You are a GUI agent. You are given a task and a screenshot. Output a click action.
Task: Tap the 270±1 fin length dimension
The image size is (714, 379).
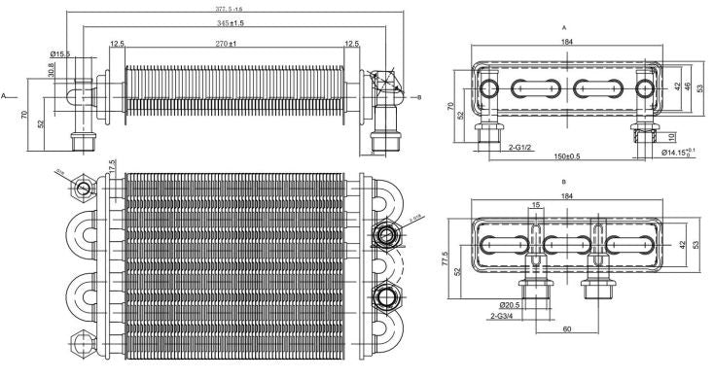pyautogui.click(x=231, y=44)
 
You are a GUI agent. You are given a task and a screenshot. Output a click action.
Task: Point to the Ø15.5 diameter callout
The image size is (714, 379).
pyautogui.click(x=59, y=53)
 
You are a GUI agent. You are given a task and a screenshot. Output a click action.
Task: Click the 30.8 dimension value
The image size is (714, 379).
pyautogui.click(x=52, y=71)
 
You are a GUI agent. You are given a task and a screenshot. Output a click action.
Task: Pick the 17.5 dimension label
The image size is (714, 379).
pyautogui.click(x=113, y=167)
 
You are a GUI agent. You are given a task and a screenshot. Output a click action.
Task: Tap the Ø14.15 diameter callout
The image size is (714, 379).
pyautogui.click(x=675, y=152)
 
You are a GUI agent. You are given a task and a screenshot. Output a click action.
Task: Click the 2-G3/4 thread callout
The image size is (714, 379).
pyautogui.click(x=502, y=316)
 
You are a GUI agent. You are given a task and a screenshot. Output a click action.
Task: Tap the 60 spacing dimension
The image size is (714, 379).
pyautogui.click(x=566, y=329)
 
